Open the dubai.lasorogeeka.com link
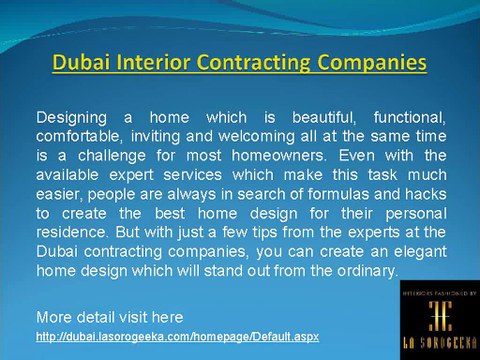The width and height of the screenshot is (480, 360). pyautogui.click(x=176, y=336)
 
